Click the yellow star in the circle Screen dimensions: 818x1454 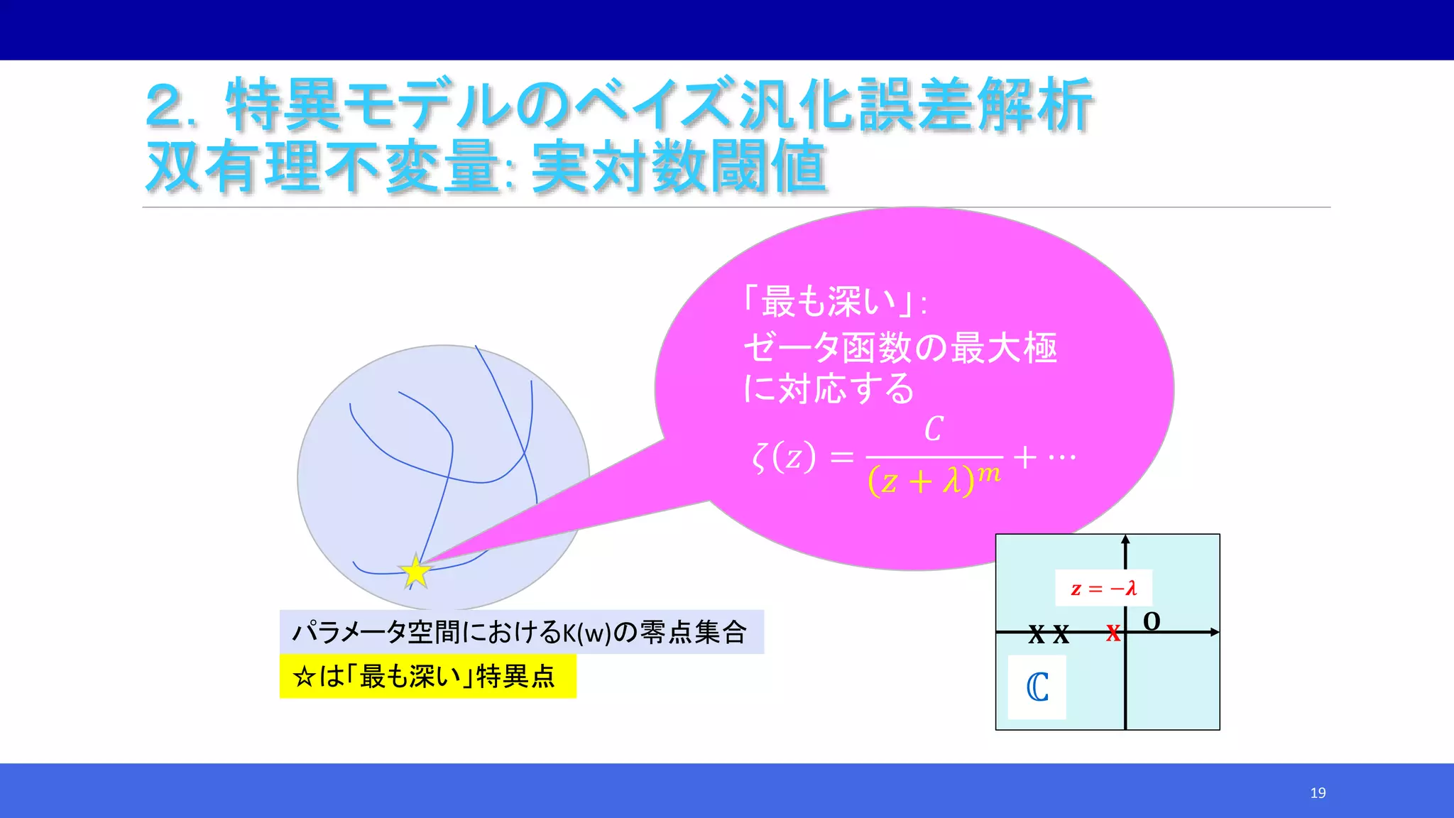(x=415, y=572)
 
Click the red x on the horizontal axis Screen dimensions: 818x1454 (x=1113, y=633)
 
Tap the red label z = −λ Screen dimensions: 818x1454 (x=1103, y=588)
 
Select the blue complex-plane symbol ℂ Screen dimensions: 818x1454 (x=1037, y=687)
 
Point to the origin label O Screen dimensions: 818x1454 (x=1152, y=621)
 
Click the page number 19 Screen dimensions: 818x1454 (x=1318, y=792)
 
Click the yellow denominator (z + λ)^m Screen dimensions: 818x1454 (x=934, y=481)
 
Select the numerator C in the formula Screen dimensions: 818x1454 (x=934, y=430)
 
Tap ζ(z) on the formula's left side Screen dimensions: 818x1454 (x=784, y=457)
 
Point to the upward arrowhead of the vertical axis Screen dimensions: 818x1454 (x=1125, y=541)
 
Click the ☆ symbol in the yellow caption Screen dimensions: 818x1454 (x=304, y=677)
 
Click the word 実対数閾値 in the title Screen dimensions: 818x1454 (x=679, y=168)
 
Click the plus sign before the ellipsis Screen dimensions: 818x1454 (x=1024, y=457)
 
